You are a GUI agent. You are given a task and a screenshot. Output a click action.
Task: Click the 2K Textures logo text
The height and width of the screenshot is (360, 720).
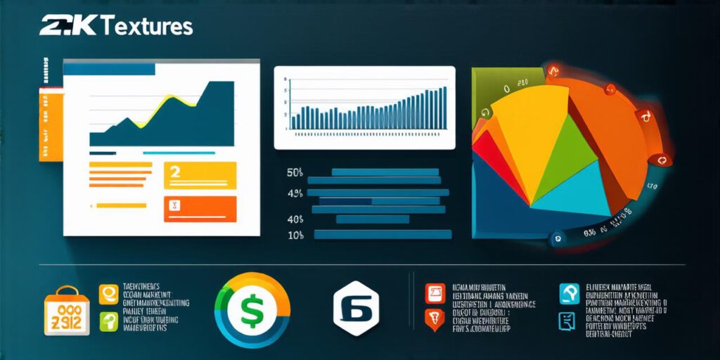(116, 27)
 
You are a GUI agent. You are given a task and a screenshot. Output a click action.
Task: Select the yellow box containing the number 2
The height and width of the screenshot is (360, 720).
(200, 175)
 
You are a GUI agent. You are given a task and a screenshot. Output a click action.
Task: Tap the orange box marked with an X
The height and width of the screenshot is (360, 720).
(200, 209)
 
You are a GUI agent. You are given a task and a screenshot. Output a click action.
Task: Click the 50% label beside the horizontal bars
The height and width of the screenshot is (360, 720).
(295, 172)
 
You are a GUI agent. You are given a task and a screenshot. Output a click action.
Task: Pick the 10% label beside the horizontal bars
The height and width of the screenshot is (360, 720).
(295, 236)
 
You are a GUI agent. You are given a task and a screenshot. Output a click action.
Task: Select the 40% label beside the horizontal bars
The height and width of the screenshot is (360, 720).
(295, 219)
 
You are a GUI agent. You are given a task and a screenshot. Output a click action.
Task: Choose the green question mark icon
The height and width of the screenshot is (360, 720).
(108, 321)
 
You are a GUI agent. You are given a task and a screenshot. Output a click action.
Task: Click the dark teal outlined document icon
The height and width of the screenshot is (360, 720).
(567, 322)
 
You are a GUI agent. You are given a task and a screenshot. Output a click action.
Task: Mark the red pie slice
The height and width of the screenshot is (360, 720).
(496, 158)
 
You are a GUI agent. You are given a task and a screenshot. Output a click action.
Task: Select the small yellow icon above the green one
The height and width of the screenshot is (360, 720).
(108, 293)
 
